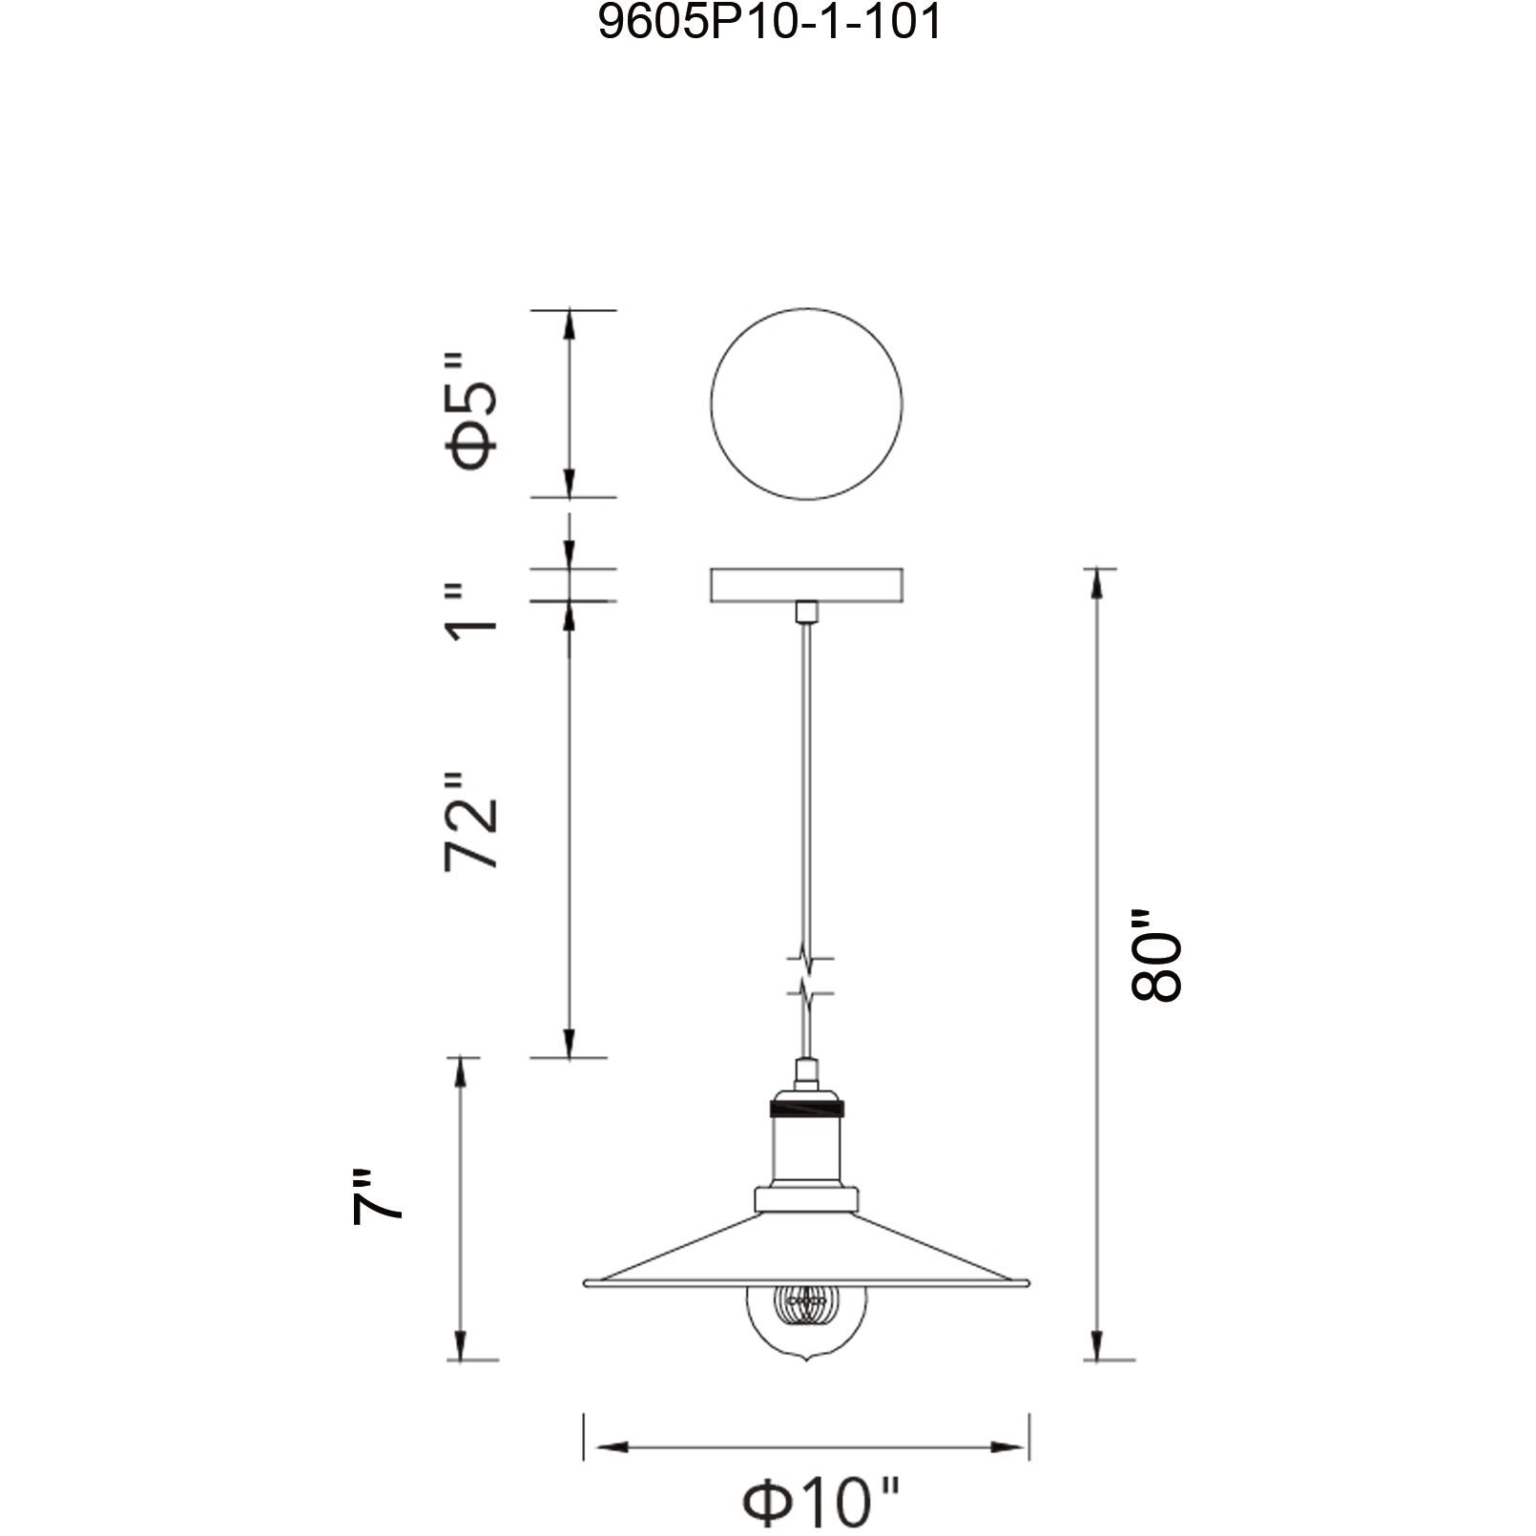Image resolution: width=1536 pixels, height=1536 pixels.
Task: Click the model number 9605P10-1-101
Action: [769, 22]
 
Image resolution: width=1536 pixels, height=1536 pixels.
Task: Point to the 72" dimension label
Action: [472, 821]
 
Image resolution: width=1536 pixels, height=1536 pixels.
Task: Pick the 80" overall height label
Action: [1156, 953]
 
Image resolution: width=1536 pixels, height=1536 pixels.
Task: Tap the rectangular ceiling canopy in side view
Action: [806, 585]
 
